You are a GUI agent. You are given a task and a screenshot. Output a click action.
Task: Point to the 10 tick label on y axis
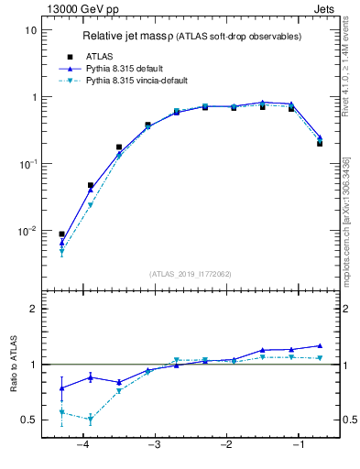pos(29,30)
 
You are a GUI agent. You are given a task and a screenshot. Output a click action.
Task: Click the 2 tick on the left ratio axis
pos(33,309)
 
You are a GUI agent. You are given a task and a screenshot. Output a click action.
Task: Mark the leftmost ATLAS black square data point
pos(61,234)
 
